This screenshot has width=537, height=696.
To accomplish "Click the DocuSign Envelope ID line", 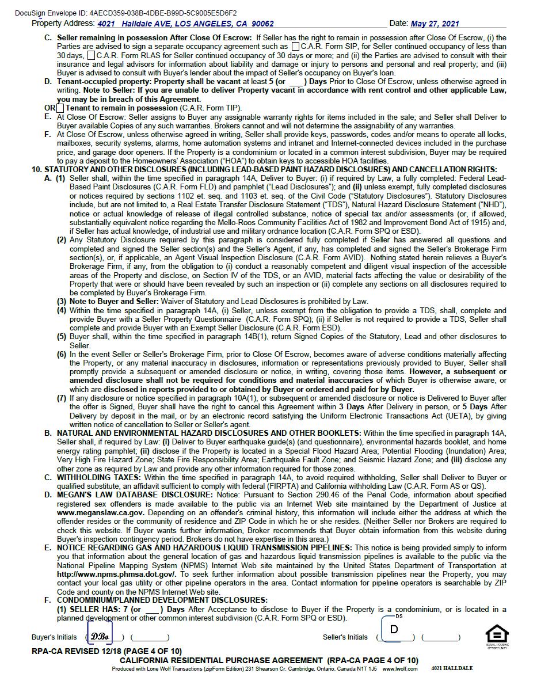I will pyautogui.click(x=125, y=13).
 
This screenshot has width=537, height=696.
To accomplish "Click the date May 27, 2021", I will pyautogui.click(x=435, y=24).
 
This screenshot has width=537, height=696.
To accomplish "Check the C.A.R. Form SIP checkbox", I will pyautogui.click(x=295, y=46).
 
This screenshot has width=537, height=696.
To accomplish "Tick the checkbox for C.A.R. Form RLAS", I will pyautogui.click(x=92, y=55).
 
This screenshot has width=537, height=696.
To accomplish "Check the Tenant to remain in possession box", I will pyautogui.click(x=60, y=108).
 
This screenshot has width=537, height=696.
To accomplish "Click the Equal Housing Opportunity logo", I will pyautogui.click(x=497, y=636).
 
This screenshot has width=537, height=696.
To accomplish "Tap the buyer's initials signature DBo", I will pyautogui.click(x=100, y=636).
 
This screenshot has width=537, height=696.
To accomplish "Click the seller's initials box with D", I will pyautogui.click(x=394, y=630).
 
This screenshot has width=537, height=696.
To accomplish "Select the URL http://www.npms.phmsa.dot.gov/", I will pyautogui.click(x=116, y=574).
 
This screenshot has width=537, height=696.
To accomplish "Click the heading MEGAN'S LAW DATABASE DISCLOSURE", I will pyautogui.click(x=135, y=495).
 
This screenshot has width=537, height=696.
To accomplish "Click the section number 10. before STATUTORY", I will pyautogui.click(x=37, y=169).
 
